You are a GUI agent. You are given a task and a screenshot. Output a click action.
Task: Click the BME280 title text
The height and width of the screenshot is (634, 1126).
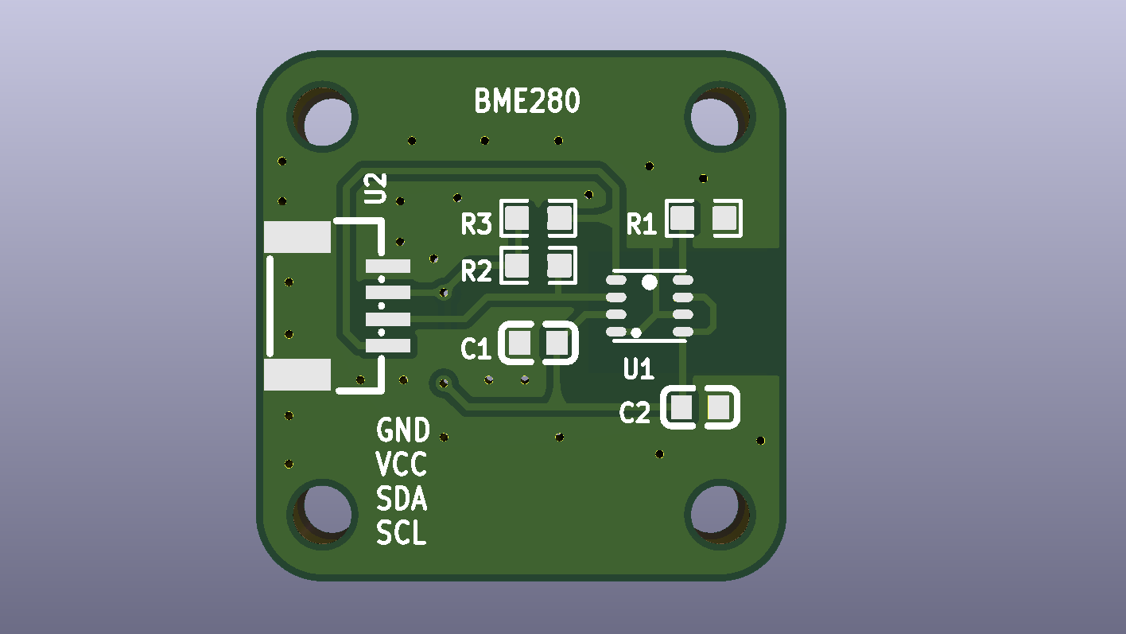[526, 100]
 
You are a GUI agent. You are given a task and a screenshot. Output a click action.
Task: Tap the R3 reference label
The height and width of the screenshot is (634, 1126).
[476, 224]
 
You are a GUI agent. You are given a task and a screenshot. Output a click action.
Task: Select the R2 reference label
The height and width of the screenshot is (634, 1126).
[476, 271]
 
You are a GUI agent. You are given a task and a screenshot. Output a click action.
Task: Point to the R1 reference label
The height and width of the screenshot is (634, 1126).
[642, 224]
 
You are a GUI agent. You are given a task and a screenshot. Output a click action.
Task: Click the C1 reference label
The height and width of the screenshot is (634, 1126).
[476, 349]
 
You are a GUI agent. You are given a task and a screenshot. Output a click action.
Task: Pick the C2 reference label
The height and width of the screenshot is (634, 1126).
[635, 413]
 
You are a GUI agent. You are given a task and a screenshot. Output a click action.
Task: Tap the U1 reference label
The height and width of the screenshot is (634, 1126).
[639, 369]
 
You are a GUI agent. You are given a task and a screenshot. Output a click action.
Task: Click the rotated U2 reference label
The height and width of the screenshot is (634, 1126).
[375, 189]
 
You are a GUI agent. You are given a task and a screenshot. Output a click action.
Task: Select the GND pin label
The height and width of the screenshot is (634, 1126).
[403, 430]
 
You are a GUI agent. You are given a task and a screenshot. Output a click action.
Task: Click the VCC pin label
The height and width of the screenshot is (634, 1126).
[401, 464]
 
